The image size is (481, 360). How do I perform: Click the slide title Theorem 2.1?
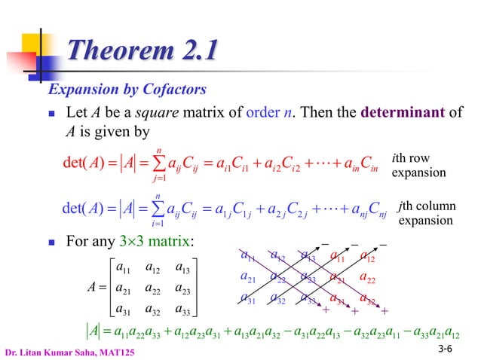[x=143, y=51]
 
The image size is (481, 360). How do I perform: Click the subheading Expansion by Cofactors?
[x=127, y=90]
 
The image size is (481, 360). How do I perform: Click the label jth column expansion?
[x=425, y=215]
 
